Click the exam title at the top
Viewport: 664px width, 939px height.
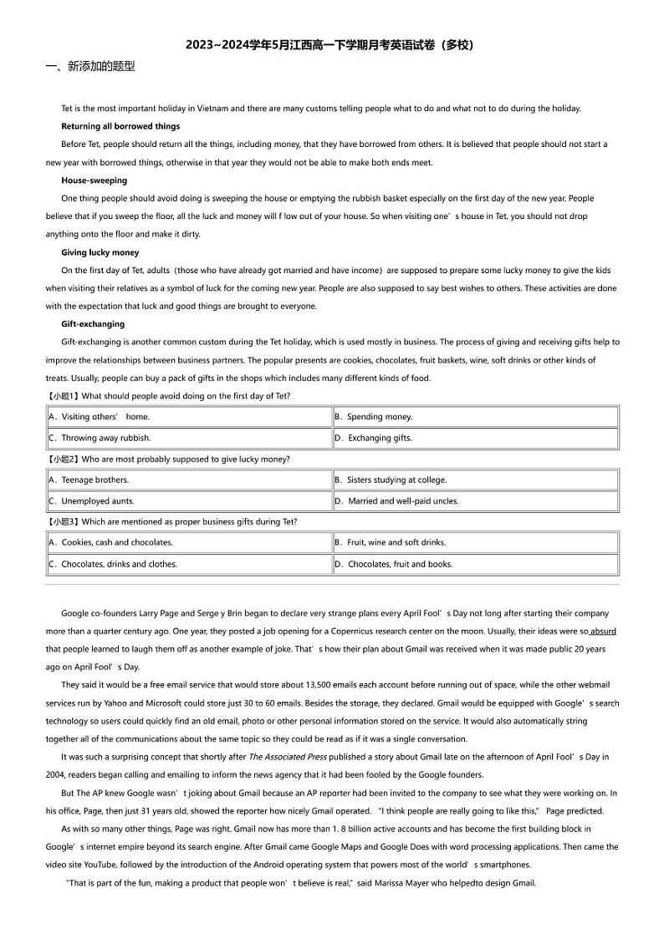tap(331, 45)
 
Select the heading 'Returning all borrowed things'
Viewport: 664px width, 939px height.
tap(120, 126)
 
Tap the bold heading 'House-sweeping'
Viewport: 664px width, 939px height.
tap(94, 180)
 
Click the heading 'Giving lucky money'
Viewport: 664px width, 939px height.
tap(100, 252)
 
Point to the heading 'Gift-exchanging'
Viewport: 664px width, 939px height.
tap(93, 324)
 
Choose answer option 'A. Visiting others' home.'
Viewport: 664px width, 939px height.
tap(100, 416)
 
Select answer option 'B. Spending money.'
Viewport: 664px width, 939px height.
tap(373, 416)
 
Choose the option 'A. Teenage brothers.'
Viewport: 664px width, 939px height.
tap(89, 480)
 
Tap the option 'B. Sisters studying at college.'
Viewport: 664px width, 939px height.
tap(391, 480)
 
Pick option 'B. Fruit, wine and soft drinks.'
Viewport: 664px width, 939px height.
tap(390, 542)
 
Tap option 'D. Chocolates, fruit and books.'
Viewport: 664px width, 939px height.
tap(393, 564)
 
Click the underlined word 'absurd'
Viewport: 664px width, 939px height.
tap(603, 632)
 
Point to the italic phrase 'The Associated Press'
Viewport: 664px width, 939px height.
tap(285, 757)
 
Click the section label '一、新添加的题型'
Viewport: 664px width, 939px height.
tap(89, 67)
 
